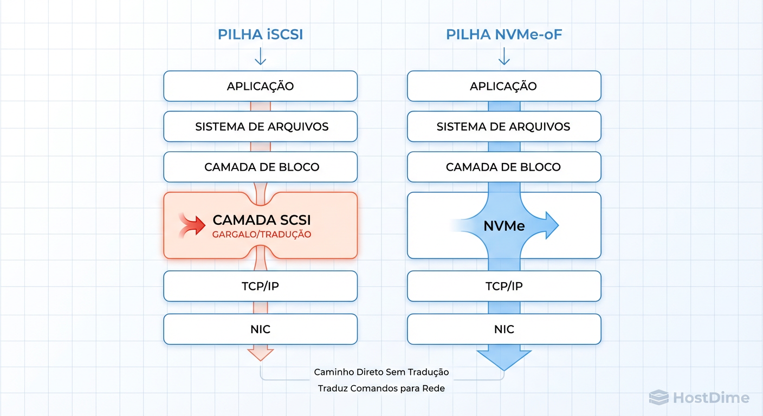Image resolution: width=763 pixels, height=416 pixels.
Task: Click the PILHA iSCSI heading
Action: point(260,35)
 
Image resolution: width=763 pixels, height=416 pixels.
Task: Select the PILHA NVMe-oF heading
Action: point(504,35)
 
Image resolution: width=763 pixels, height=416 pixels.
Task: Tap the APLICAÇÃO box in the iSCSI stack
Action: point(260,86)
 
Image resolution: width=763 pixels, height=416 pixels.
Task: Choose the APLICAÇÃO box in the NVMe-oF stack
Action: point(504,86)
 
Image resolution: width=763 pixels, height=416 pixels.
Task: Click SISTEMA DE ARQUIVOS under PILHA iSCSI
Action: point(260,127)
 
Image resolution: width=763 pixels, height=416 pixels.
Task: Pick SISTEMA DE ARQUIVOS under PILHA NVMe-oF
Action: point(504,127)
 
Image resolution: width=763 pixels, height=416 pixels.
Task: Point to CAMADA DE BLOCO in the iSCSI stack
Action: point(260,167)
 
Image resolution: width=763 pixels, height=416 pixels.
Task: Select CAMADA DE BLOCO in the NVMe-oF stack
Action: point(504,167)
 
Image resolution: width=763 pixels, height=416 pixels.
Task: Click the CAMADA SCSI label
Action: point(262,220)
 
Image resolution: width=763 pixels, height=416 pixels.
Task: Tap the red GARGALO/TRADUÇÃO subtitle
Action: point(262,235)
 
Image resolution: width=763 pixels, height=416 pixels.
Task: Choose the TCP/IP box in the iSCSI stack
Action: point(260,286)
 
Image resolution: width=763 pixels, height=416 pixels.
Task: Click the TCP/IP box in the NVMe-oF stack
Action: point(504,286)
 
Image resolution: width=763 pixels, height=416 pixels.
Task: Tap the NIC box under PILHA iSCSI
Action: point(260,329)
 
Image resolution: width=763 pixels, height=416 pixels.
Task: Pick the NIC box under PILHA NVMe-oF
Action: point(504,329)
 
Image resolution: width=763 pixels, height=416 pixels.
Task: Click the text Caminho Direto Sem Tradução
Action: point(381,372)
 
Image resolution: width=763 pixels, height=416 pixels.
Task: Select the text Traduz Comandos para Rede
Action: point(381,388)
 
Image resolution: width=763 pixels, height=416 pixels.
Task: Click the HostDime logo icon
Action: point(658,398)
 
